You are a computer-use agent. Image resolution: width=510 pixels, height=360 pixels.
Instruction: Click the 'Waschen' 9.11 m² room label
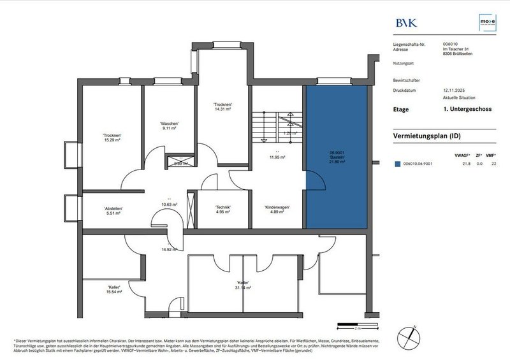169,126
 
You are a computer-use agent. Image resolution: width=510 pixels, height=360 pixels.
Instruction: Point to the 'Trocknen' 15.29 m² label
112,138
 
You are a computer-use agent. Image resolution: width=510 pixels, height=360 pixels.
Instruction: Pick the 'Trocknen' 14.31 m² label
222,107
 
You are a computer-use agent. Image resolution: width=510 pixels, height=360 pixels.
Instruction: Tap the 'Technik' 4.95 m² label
223,210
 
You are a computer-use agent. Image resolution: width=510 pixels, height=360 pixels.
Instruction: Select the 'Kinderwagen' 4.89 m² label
277,210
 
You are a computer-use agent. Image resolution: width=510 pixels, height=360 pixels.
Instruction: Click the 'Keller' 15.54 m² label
115,290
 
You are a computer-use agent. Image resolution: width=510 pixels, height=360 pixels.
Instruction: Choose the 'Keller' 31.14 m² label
243,285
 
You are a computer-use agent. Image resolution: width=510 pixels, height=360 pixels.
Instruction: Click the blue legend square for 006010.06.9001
397,164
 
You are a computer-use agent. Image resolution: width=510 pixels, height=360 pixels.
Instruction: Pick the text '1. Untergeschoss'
462,110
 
